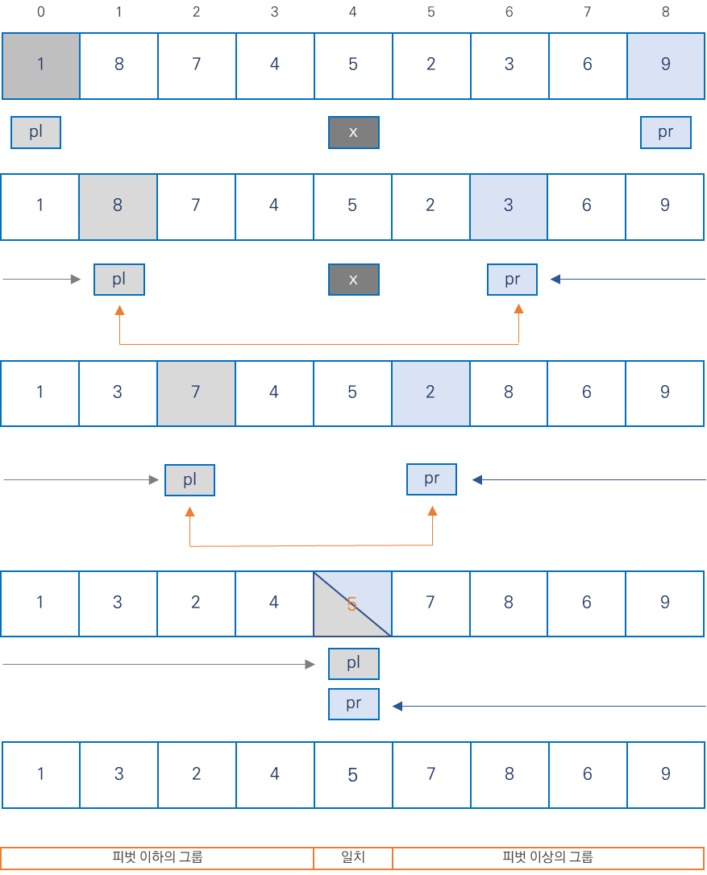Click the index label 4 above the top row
pyautogui.click(x=352, y=13)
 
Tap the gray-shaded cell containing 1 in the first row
pyautogui.click(x=40, y=65)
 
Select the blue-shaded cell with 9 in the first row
pyautogui.click(x=665, y=65)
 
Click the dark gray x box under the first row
pyautogui.click(x=353, y=133)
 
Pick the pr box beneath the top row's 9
pyautogui.click(x=665, y=133)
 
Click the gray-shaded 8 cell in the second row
pyautogui.click(x=118, y=205)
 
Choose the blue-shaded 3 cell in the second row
pyautogui.click(x=509, y=205)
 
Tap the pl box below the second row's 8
pyautogui.click(x=119, y=280)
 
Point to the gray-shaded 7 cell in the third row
pyautogui.click(x=196, y=392)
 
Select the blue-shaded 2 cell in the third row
pyautogui.click(x=430, y=392)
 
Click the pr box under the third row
pyautogui.click(x=431, y=479)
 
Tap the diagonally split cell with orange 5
pyautogui.click(x=352, y=603)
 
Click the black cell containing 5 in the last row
pyautogui.click(x=353, y=775)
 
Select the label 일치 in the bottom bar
pyautogui.click(x=353, y=857)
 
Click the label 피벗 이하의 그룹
pyautogui.click(x=157, y=857)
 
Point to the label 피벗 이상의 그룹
pyautogui.click(x=548, y=857)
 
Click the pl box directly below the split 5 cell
pyautogui.click(x=353, y=664)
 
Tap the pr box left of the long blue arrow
pyautogui.click(x=353, y=704)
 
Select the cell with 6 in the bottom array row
pyautogui.click(x=588, y=775)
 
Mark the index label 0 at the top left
pyautogui.click(x=40, y=13)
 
